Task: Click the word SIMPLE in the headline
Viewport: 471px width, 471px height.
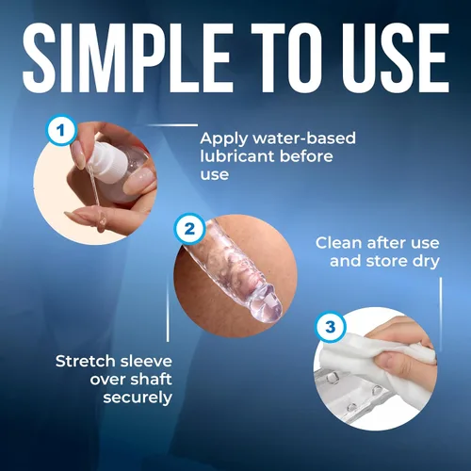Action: [127, 58]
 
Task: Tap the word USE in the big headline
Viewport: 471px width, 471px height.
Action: [395, 58]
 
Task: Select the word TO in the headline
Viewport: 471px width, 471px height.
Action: [286, 58]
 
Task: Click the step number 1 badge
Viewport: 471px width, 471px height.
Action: [61, 130]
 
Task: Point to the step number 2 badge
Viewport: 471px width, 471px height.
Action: [189, 229]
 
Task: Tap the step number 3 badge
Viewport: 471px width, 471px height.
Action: [330, 327]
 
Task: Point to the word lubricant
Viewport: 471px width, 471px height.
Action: [237, 156]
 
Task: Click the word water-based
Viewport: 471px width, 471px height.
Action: [304, 138]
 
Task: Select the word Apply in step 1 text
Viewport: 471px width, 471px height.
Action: [224, 139]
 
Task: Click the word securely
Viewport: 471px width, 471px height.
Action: [138, 398]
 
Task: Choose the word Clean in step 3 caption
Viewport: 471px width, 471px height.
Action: [339, 243]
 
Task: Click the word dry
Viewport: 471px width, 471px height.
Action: [426, 262]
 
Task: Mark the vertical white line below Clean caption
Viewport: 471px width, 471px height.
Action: [441, 315]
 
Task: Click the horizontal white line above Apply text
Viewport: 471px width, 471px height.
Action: [172, 125]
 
